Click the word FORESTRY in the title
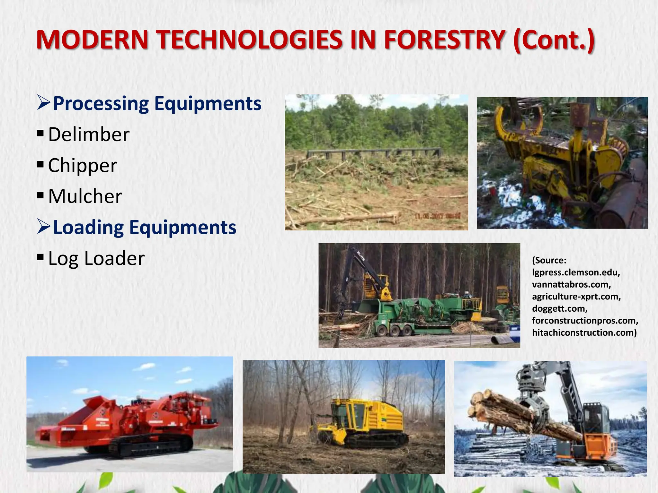(x=445, y=40)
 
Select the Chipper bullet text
(x=83, y=165)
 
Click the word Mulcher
(x=85, y=196)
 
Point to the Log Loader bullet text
(x=96, y=258)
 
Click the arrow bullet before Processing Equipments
(x=43, y=103)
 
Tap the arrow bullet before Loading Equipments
(x=43, y=227)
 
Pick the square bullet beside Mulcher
(x=40, y=195)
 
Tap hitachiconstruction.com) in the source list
(x=584, y=333)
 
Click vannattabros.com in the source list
(x=571, y=284)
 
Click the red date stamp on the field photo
(x=438, y=216)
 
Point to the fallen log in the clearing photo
(x=347, y=219)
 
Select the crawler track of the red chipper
(x=151, y=445)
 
